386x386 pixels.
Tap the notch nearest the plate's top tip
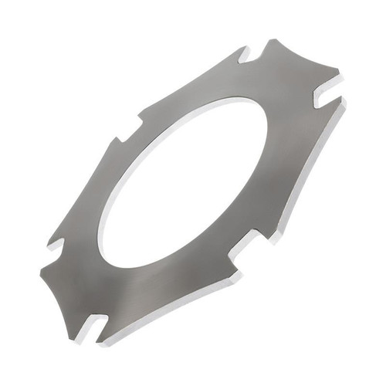(245, 56)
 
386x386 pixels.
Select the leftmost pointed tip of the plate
(39, 272)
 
